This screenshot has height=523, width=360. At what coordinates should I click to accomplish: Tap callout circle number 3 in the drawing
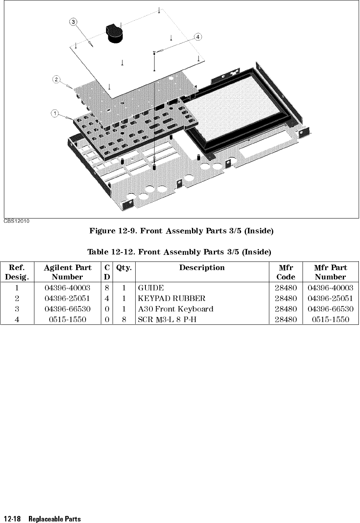[73, 21]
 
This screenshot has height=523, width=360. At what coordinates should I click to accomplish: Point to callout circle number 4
[199, 37]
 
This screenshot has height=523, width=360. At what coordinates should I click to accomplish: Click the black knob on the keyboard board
[115, 33]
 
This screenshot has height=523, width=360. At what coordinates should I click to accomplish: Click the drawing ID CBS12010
[18, 221]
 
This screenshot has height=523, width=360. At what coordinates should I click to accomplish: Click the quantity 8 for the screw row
[124, 319]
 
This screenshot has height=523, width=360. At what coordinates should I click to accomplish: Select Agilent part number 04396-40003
[68, 288]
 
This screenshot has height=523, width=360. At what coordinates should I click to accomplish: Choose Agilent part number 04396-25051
[68, 299]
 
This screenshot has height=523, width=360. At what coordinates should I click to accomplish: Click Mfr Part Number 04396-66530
[330, 309]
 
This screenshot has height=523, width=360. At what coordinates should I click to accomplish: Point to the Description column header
[202, 268]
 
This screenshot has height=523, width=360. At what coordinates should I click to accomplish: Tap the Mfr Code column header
[286, 272]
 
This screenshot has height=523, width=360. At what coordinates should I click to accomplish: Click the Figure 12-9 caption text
[181, 231]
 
